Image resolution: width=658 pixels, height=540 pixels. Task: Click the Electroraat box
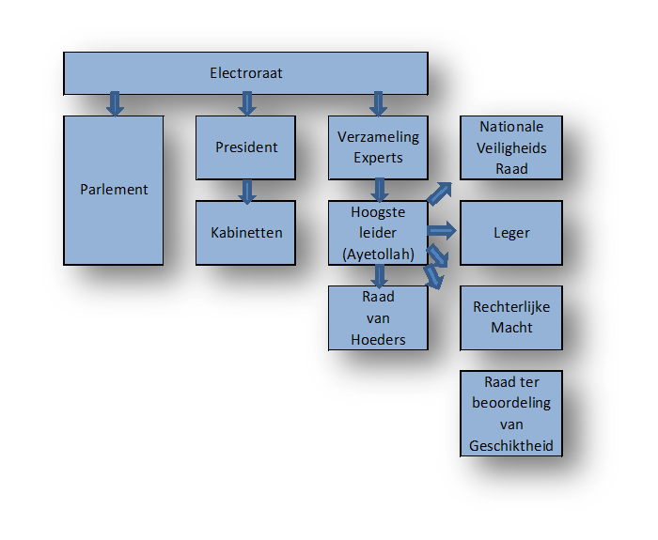(x=245, y=73)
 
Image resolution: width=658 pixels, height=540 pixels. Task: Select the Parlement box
(x=114, y=190)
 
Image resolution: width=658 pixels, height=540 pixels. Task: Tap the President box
(x=246, y=147)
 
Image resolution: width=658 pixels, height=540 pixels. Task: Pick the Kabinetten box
(x=246, y=232)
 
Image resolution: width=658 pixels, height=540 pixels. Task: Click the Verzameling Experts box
(x=378, y=147)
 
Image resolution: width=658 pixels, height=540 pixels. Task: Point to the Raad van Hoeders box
(x=378, y=317)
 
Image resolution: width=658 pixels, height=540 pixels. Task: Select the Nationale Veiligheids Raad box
(x=511, y=147)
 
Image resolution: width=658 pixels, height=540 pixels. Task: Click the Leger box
(x=511, y=232)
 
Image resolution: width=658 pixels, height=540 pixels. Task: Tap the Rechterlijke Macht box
(x=511, y=317)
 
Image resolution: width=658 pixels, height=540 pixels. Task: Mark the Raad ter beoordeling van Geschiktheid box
(x=511, y=413)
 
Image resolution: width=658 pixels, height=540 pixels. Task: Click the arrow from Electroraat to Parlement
(x=115, y=103)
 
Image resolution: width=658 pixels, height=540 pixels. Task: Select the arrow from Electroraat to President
(x=247, y=103)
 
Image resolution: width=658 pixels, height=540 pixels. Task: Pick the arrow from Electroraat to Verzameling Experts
(x=379, y=103)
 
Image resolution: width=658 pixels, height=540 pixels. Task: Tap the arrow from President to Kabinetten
(x=247, y=191)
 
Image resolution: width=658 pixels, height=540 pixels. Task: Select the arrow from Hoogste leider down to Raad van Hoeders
(x=379, y=275)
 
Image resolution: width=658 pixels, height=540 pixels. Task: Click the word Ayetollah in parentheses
(x=378, y=253)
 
